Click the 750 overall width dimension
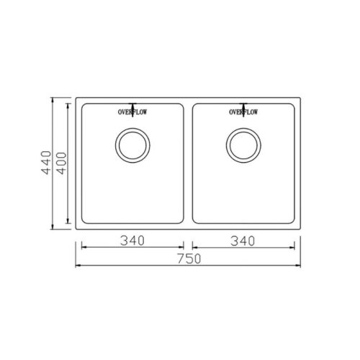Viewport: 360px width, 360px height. [189, 258]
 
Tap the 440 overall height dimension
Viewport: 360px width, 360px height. [46, 163]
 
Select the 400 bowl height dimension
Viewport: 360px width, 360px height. [62, 163]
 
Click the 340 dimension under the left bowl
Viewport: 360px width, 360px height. [132, 240]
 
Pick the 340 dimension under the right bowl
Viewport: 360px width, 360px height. [243, 241]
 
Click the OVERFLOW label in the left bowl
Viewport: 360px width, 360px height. [132, 112]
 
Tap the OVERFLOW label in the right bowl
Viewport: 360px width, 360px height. [243, 112]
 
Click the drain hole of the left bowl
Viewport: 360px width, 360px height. [132, 145]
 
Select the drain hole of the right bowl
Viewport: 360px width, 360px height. [243, 145]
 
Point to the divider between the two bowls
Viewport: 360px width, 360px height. [188, 163]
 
